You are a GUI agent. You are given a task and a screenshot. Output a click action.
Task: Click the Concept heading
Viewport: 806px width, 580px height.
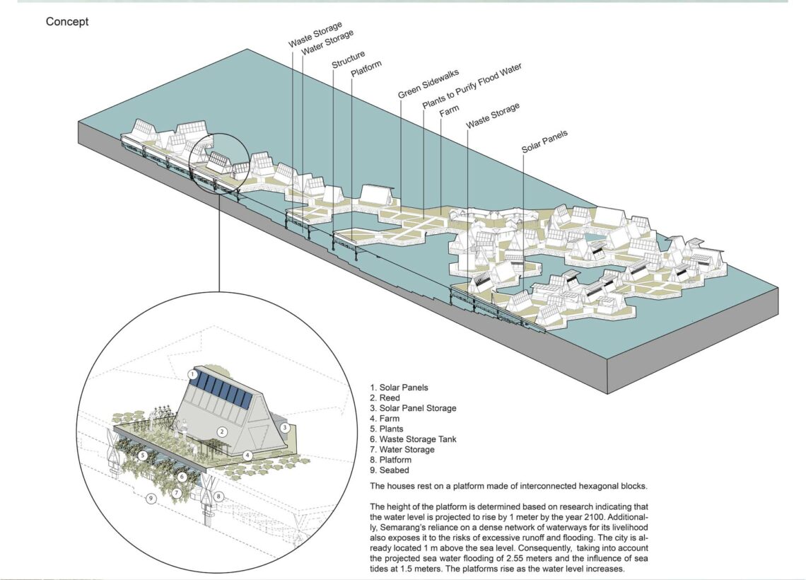point(67,22)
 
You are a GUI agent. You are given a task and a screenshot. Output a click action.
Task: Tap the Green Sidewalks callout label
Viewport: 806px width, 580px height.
point(428,83)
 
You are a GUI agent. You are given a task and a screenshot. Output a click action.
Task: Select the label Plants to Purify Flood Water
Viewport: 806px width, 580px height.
point(472,86)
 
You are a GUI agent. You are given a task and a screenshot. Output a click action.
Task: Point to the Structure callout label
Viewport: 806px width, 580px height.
point(349,59)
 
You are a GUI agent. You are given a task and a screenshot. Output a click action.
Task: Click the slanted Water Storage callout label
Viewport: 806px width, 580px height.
point(327,42)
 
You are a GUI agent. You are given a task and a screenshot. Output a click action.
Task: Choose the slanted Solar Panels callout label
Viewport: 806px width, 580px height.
point(544,141)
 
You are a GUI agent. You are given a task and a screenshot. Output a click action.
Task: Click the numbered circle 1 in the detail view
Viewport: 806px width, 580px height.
point(193,374)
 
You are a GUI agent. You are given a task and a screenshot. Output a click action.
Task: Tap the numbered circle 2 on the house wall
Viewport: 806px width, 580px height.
point(222,432)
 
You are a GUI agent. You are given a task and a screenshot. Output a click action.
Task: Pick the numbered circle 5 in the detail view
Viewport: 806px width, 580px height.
point(143,455)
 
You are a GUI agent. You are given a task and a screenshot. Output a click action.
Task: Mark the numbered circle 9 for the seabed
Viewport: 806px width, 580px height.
point(151,498)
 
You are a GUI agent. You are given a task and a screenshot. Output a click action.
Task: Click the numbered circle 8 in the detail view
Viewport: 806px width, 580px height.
point(218,497)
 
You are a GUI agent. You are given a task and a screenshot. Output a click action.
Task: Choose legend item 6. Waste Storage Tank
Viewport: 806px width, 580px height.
point(413,439)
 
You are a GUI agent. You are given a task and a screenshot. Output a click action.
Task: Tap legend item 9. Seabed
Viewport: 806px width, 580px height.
point(389,470)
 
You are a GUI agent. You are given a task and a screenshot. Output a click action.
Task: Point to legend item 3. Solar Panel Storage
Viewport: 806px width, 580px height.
point(413,408)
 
